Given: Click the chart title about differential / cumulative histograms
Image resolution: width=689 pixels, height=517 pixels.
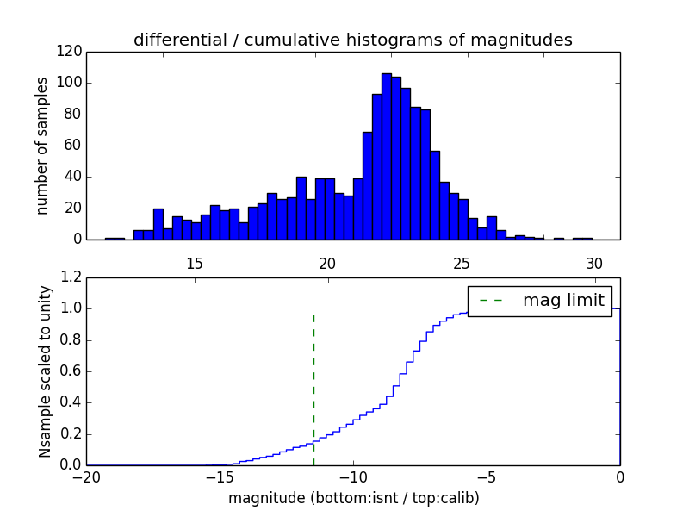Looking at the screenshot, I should point(353,40).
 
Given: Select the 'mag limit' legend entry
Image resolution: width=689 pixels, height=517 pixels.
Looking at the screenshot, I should point(564,301).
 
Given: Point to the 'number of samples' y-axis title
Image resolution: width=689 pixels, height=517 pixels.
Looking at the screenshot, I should point(42,146).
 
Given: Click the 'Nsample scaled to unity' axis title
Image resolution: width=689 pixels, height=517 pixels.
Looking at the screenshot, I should point(45,371).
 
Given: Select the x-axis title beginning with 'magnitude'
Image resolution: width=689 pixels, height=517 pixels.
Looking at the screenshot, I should point(353,498).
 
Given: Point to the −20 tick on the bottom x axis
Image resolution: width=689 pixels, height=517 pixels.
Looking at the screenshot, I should point(87,477).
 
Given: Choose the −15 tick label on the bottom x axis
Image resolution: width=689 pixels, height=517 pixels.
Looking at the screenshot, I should point(220,477).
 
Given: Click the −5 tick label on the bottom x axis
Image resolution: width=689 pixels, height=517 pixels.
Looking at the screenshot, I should point(487,477).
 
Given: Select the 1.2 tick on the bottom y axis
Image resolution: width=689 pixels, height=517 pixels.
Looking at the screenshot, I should point(71,277).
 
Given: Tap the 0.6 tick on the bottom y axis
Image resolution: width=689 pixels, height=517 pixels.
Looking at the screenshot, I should point(71,371).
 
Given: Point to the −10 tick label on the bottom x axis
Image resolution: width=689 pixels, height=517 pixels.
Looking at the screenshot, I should point(353,477).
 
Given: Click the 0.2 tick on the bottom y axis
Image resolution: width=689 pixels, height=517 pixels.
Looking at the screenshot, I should point(71,434).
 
